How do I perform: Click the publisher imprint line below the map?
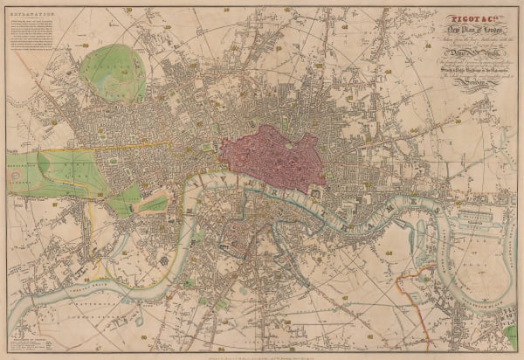coord(262,350)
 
